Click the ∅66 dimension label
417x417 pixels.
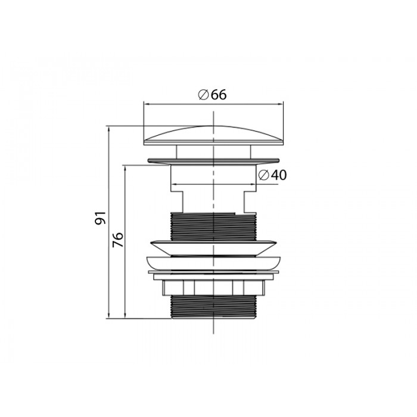212,95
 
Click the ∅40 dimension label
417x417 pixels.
272,175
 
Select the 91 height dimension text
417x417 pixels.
101,218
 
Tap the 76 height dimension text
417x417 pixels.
118,239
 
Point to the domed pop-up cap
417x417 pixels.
213,135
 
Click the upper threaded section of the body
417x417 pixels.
213,226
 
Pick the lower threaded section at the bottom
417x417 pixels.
213,307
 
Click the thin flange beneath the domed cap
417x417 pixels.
213,160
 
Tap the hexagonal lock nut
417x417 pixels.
213,288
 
